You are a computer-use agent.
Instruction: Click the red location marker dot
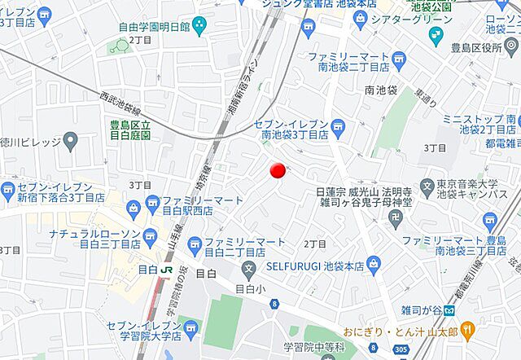(x=278, y=169)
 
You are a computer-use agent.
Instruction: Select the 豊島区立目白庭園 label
(x=129, y=130)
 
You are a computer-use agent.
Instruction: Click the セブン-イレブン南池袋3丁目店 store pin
(x=338, y=126)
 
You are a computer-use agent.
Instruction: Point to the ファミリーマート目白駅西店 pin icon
(x=151, y=203)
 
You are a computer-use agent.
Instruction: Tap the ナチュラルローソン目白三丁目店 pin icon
(x=149, y=237)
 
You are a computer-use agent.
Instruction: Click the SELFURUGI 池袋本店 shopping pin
(x=373, y=263)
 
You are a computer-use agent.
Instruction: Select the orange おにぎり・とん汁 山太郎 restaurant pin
(x=467, y=330)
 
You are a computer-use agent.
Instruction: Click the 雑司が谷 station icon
(x=450, y=310)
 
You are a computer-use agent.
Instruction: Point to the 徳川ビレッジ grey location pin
(x=70, y=143)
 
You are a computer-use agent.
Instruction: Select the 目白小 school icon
(x=249, y=270)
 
